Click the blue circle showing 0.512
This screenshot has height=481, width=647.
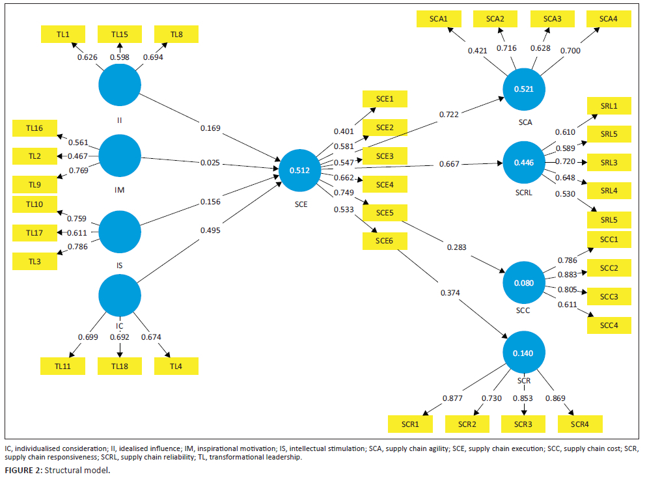pos(300,171)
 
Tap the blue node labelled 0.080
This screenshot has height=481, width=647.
pos(524,283)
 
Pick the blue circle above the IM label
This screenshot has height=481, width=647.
pos(120,156)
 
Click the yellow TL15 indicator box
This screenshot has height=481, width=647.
pos(120,34)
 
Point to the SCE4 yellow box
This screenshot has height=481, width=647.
pos(385,184)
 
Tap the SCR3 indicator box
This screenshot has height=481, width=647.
pos(522,424)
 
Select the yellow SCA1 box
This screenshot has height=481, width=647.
pos(438,19)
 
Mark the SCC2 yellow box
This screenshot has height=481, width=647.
pos(609,268)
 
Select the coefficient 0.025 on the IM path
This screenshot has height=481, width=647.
pos(209,161)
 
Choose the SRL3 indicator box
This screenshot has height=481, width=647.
pos(609,161)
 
